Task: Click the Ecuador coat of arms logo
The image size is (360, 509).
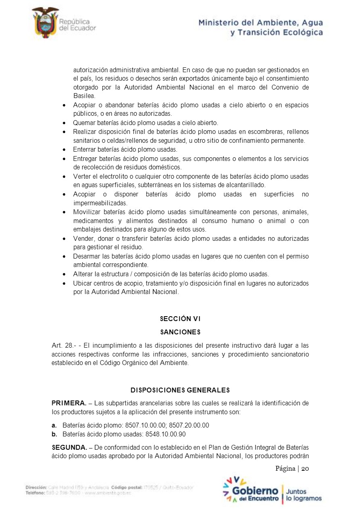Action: tap(45, 23)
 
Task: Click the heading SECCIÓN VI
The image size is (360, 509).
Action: tap(180, 319)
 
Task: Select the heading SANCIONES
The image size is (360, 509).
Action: tap(180, 332)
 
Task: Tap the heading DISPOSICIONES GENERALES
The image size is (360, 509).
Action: tap(180, 390)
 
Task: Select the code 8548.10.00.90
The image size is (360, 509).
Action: tap(165, 434)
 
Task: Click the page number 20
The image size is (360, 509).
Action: tap(305, 468)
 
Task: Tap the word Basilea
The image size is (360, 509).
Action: tap(84, 96)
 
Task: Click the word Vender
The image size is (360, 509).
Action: tap(83, 239)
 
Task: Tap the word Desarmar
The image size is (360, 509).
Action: tap(87, 257)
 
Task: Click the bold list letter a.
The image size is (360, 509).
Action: tap(54, 426)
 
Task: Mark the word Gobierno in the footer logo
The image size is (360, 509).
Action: tap(255, 491)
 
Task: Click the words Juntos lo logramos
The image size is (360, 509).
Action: tap(303, 495)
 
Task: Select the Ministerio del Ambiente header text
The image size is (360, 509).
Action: tap(260, 27)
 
